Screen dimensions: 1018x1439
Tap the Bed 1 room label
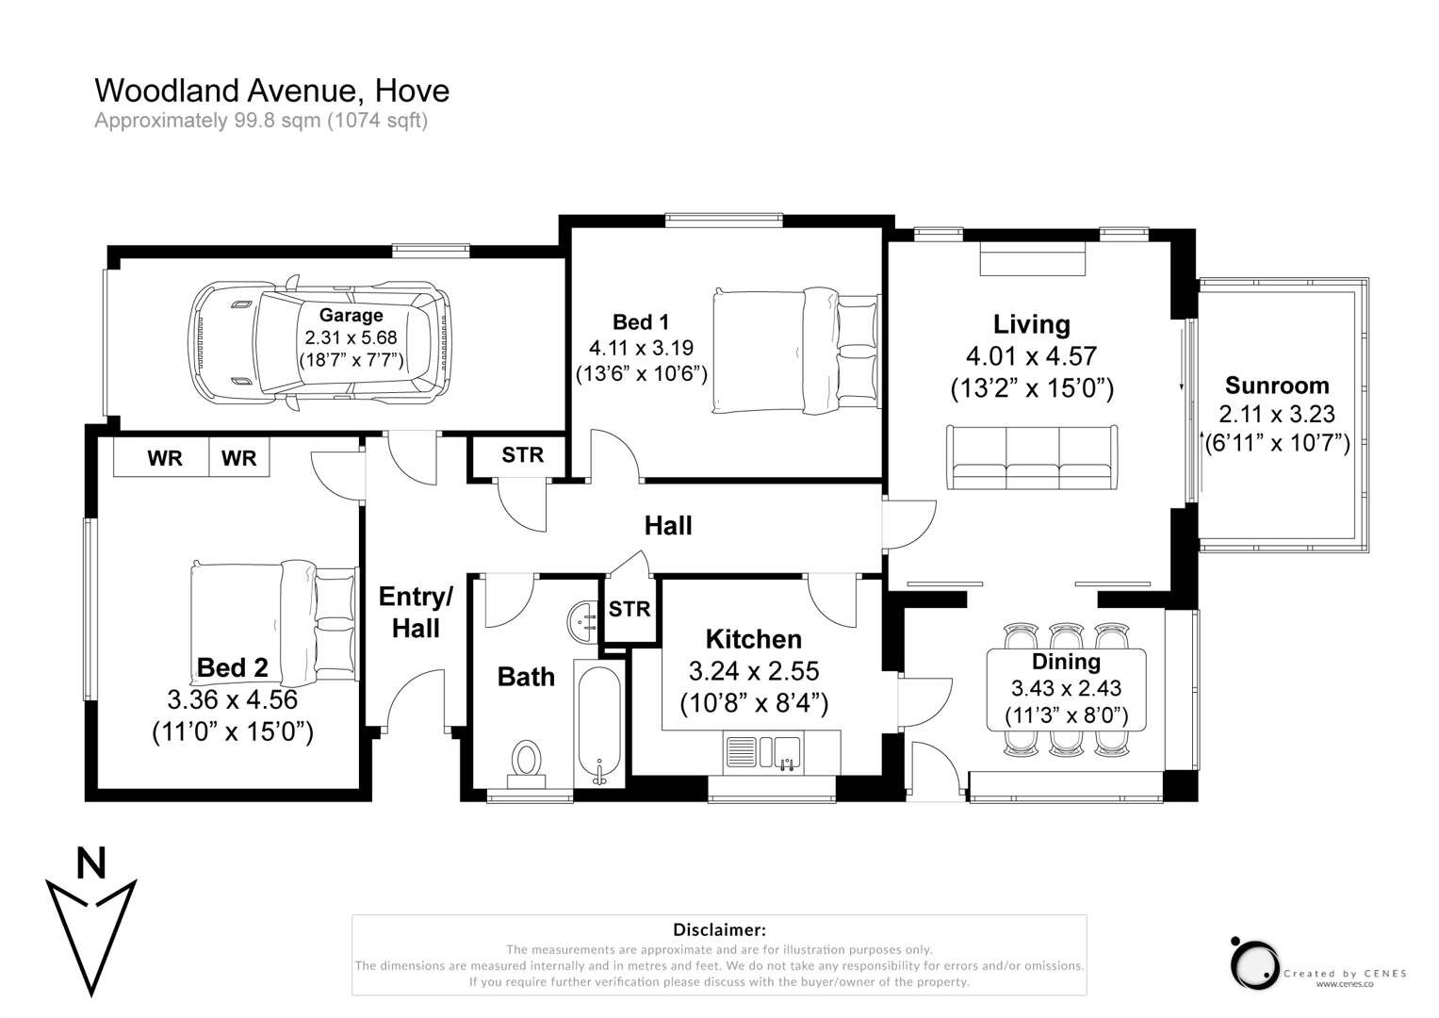pos(640,322)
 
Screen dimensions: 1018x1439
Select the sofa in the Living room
pos(1032,458)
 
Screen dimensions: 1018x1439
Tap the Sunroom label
pos(1276,386)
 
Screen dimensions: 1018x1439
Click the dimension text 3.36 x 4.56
pos(232,700)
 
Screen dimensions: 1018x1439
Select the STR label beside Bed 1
pos(522,455)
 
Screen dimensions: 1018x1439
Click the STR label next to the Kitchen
pos(629,609)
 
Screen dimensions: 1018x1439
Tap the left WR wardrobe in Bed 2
pos(164,458)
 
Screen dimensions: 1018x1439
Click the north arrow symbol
pos(90,928)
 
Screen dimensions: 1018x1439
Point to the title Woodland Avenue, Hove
pos(271,90)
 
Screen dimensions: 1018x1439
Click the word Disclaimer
pos(719,930)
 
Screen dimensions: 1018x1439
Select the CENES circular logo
pos(1253,964)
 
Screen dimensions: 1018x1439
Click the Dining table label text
pos(1065,662)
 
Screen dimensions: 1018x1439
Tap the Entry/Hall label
pos(416,612)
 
